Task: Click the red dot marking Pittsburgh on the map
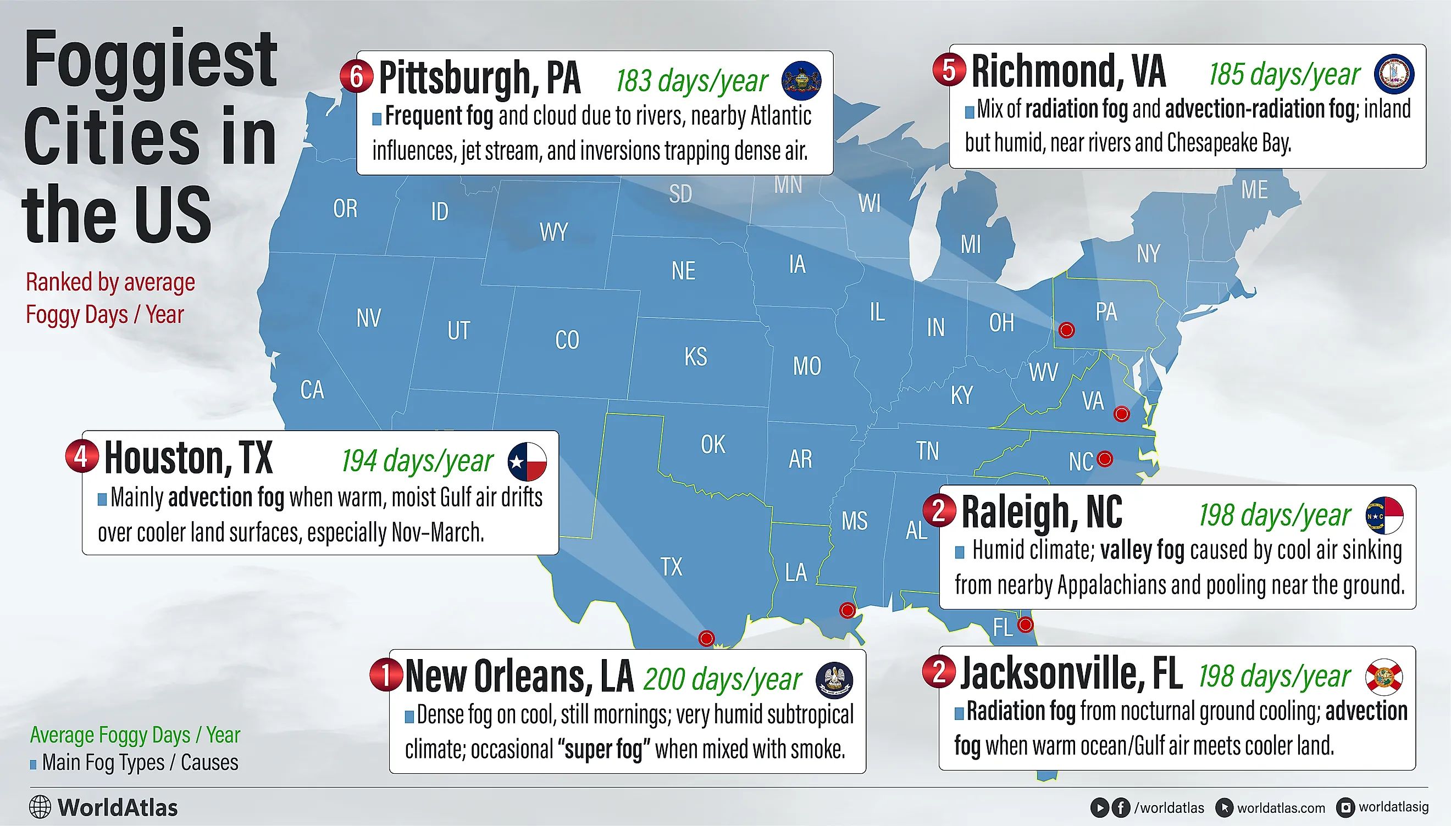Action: point(1066,330)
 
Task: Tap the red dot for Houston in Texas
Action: point(706,638)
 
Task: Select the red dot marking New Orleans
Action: point(847,610)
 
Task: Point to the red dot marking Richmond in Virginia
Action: point(1121,414)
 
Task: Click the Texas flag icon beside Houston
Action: point(527,461)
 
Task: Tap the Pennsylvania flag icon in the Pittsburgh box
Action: point(801,81)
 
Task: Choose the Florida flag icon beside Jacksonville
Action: point(1384,677)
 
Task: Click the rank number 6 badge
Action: point(357,76)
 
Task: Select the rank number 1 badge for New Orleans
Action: point(386,674)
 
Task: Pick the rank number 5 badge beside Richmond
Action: point(949,70)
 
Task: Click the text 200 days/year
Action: point(722,679)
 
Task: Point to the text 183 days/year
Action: point(691,81)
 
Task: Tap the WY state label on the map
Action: point(553,232)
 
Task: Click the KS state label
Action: point(695,357)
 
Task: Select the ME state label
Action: point(1254,190)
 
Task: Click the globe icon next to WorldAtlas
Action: point(40,807)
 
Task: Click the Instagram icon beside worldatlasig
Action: point(1345,807)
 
